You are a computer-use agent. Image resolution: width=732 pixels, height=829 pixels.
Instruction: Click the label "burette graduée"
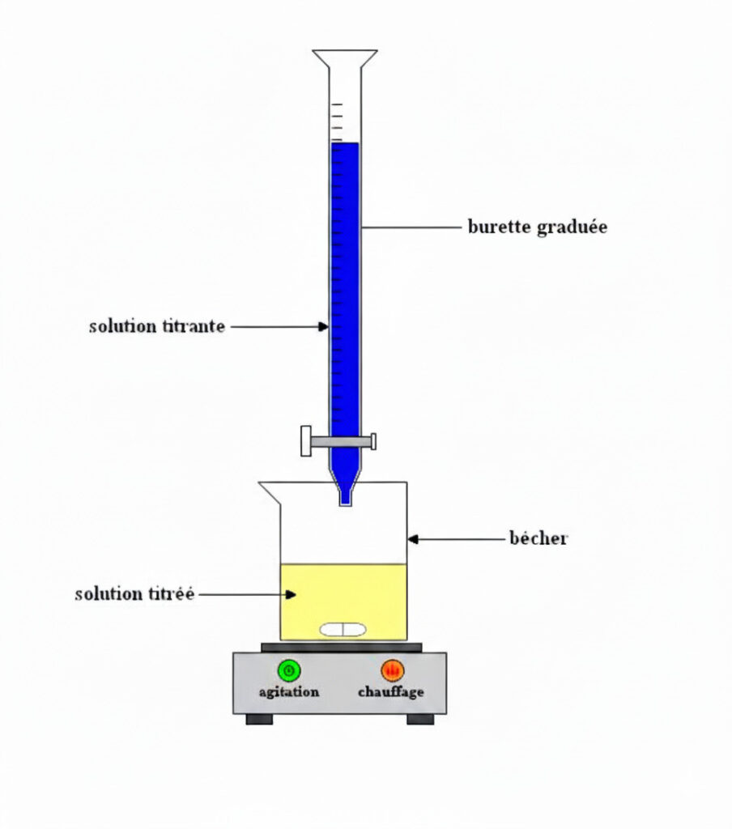point(537,227)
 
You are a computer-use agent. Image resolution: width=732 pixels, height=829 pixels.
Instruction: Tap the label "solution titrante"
point(156,327)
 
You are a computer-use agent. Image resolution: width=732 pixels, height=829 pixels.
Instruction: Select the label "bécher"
point(538,538)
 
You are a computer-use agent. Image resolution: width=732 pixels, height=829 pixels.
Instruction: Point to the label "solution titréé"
point(134,594)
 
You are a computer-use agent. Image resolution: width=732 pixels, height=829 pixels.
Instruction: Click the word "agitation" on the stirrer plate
point(288,692)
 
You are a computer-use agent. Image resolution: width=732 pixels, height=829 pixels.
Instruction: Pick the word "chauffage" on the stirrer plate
point(391,692)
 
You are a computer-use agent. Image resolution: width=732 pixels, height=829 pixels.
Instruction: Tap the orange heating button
point(392,670)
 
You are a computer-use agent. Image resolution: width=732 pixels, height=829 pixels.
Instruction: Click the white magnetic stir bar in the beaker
point(343,629)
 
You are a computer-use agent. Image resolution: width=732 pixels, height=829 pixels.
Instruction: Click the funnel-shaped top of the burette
point(345,59)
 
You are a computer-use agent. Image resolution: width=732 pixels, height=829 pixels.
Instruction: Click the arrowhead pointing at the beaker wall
point(412,538)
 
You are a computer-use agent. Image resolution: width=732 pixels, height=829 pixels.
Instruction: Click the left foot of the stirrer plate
point(259,719)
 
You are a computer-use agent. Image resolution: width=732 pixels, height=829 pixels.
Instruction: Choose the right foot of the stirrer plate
point(420,719)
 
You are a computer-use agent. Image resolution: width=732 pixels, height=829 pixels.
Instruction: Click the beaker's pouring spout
point(266,488)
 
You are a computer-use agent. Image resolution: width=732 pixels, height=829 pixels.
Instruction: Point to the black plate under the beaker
point(341,647)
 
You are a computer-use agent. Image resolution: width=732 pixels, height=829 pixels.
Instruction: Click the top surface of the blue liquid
point(345,145)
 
